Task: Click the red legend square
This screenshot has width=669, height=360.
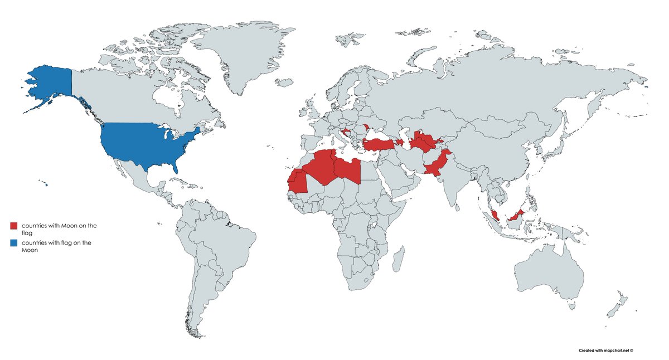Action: coord(14,226)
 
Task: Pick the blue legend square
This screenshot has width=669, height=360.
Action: coord(14,244)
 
